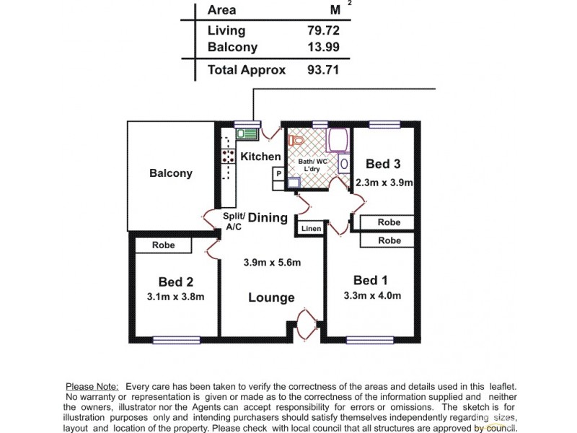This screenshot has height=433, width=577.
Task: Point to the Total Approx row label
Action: pos(246,70)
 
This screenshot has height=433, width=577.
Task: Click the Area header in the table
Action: pos(221,10)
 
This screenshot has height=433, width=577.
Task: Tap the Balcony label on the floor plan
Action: pos(171,173)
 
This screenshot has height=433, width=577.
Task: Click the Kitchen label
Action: pos(260,157)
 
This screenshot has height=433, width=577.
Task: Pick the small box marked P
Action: pos(278,174)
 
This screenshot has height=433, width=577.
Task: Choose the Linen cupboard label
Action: pos(312,229)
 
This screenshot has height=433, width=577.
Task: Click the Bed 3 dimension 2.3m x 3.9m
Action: pos(384,183)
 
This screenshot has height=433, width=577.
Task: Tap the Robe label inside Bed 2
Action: pos(164,245)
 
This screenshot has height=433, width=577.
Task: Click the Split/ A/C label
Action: pos(234,222)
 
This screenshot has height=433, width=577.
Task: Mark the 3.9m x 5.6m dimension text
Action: pos(272,262)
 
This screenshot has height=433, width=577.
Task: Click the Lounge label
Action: pos(271,297)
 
